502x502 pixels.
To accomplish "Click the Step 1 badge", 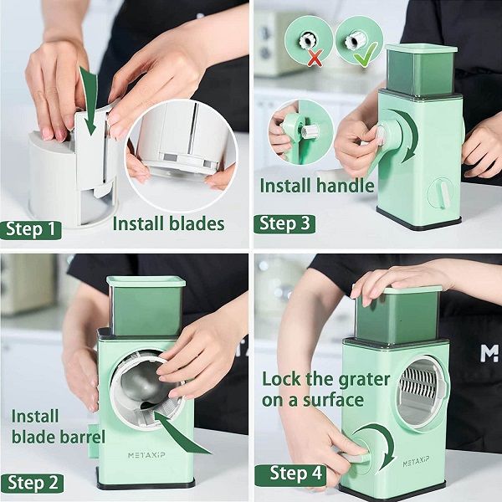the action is [x=31, y=230].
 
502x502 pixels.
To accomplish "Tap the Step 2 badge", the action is [x=32, y=483].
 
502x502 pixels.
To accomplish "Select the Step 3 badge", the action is [x=284, y=223].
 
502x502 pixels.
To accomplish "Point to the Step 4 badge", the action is [x=290, y=475].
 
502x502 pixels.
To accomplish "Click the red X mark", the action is [x=315, y=59].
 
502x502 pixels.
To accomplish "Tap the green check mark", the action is [x=366, y=54].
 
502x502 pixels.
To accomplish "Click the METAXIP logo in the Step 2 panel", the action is [x=146, y=455].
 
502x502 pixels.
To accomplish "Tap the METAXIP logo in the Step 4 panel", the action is [x=416, y=464].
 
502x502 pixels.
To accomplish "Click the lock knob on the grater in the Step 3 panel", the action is [x=441, y=193].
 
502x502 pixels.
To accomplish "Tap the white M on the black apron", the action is [x=489, y=353].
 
